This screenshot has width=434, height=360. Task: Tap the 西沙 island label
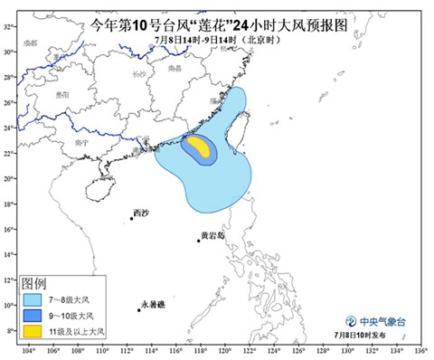click(140, 213)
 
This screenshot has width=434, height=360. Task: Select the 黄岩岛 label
click(212, 235)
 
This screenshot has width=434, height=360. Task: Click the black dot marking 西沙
click(131, 218)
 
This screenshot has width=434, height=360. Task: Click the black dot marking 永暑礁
click(139, 310)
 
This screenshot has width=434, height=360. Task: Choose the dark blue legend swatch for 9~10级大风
click(32, 316)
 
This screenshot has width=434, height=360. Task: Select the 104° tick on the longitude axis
click(28, 350)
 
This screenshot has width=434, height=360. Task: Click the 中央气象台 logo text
click(381, 321)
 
